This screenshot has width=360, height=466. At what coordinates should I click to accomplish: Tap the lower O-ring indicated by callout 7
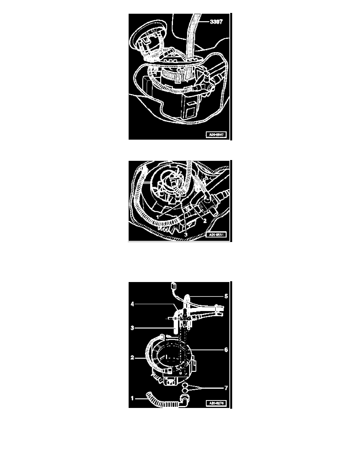(184, 391)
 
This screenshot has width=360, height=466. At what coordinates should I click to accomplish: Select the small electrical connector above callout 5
(173, 285)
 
